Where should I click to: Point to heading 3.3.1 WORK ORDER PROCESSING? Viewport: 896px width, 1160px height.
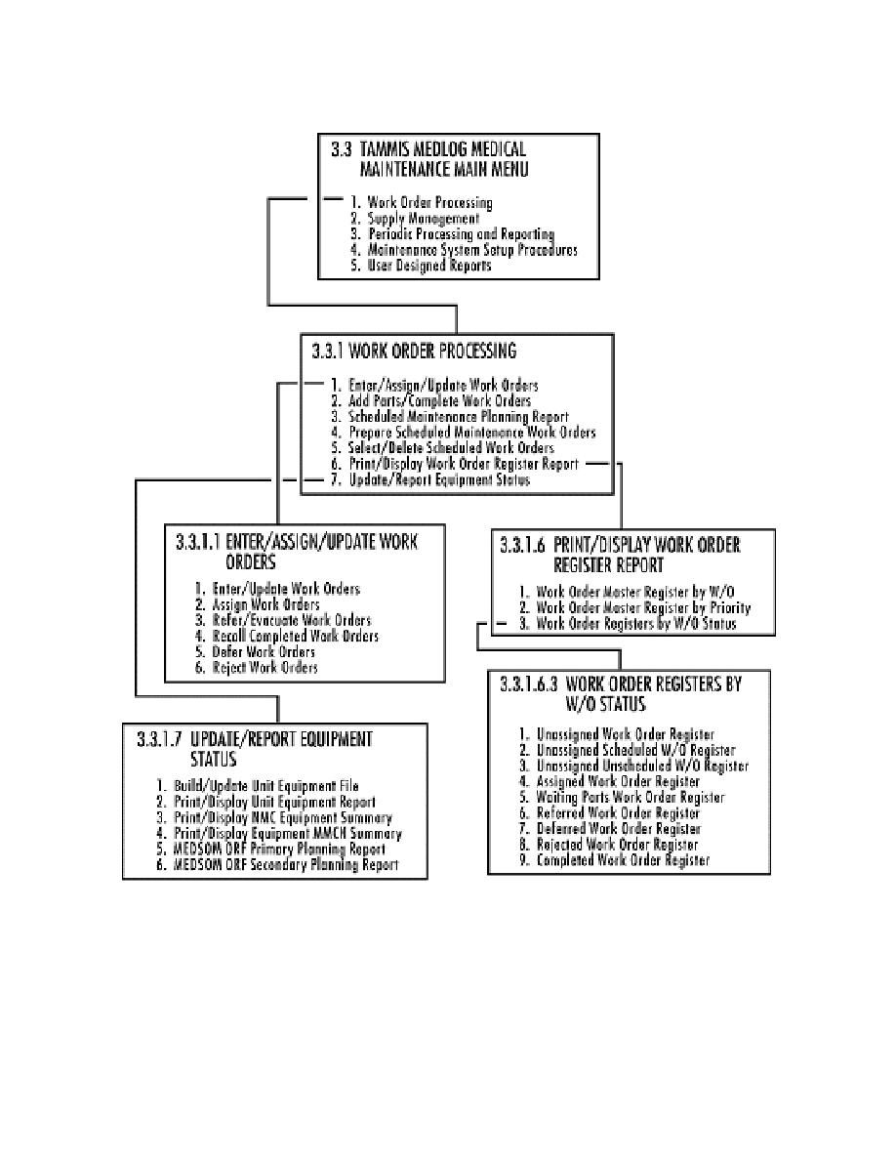[414, 350]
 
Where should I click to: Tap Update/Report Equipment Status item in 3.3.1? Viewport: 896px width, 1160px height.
[439, 480]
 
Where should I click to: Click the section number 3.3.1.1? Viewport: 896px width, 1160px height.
[199, 543]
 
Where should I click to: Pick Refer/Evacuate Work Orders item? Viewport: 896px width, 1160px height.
[292, 621]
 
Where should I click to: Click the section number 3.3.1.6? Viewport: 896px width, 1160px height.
[522, 545]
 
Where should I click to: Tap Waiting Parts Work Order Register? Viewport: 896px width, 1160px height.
[631, 798]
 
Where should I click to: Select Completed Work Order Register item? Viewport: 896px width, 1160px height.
[623, 860]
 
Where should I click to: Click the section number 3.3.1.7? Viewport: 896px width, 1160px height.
[156, 739]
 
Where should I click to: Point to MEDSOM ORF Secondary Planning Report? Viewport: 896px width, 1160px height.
[287, 865]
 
